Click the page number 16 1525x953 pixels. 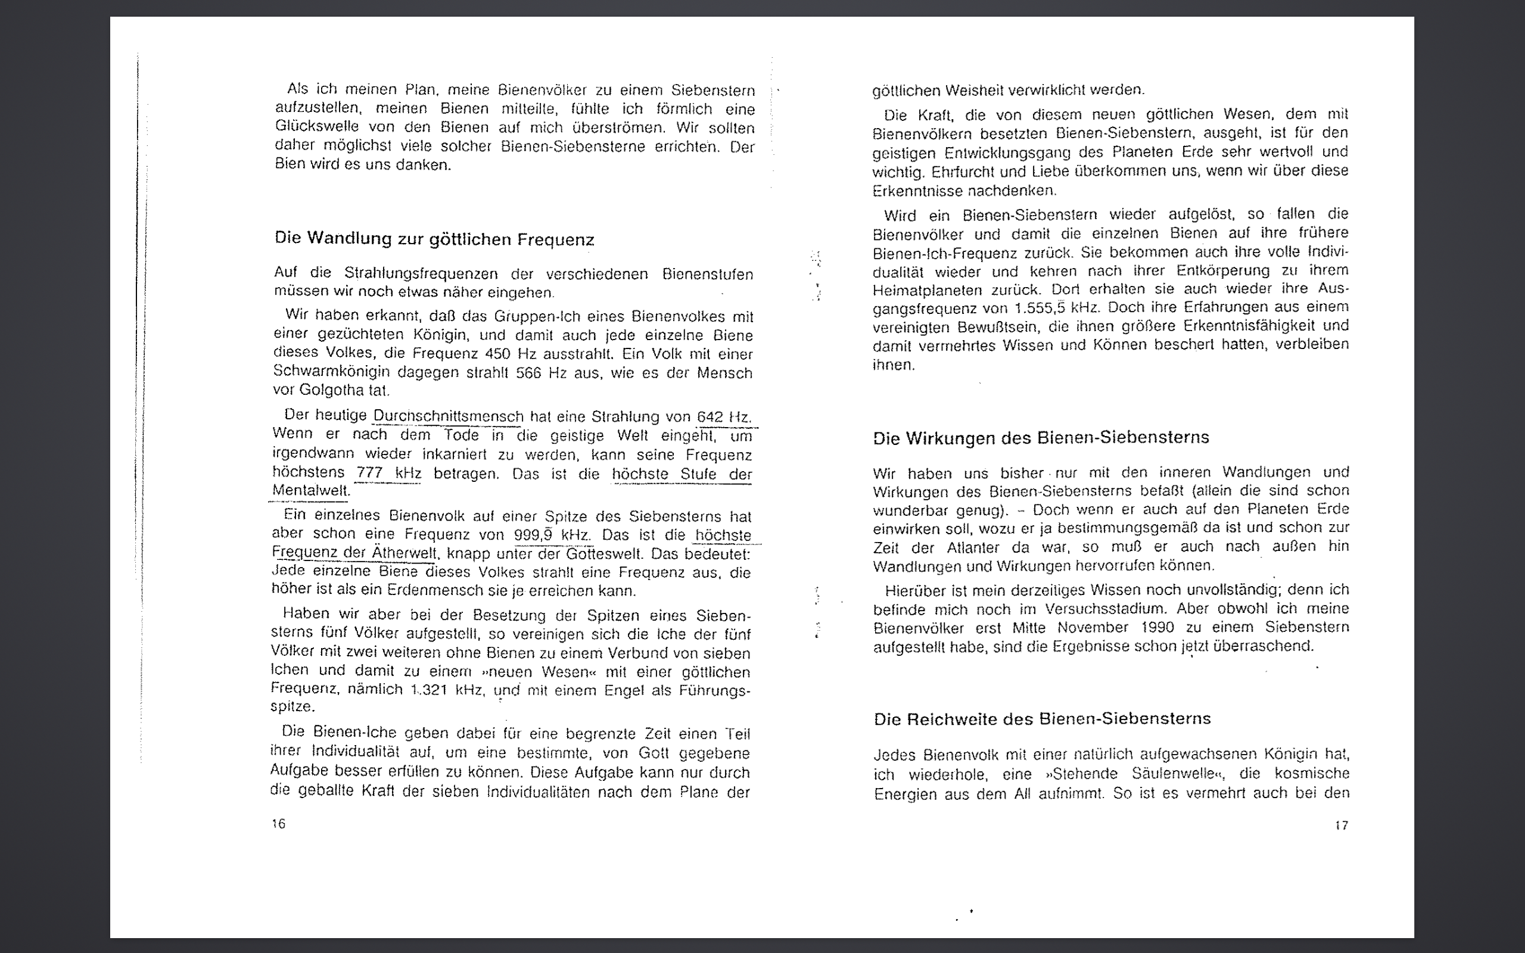pyautogui.click(x=279, y=823)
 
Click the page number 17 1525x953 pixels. pyautogui.click(x=1342, y=825)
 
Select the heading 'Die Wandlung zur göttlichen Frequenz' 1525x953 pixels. pyautogui.click(x=434, y=239)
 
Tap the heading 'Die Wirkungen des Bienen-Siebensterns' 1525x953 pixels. pyautogui.click(x=1041, y=437)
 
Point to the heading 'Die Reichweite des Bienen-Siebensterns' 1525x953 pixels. pyautogui.click(x=1042, y=718)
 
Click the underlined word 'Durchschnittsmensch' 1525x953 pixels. pyautogui.click(x=448, y=416)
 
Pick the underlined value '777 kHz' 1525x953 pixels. pyautogui.click(x=389, y=473)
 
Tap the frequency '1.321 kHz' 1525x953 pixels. pyautogui.click(x=447, y=690)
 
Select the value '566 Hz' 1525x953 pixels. pyautogui.click(x=537, y=372)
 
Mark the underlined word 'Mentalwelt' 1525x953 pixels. pyautogui.click(x=310, y=490)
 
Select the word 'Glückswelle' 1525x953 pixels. pyautogui.click(x=316, y=127)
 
